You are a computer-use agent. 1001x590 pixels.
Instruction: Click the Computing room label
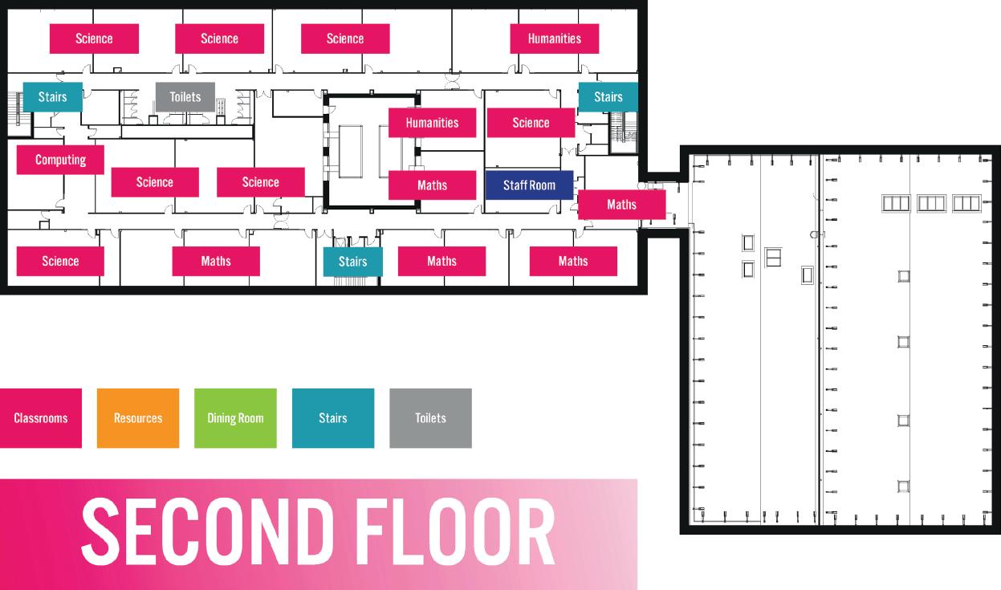pos(60,160)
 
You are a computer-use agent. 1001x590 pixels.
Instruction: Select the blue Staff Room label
pos(529,185)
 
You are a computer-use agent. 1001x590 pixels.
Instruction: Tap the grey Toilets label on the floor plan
pos(185,97)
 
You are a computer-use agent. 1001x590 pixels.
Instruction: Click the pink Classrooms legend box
pos(40,418)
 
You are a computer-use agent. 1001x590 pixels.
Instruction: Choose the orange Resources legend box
pos(138,418)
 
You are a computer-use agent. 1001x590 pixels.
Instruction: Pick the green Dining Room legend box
pos(235,418)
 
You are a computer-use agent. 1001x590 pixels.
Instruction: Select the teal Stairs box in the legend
pos(333,418)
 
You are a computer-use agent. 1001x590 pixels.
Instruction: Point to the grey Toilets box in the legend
pos(430,418)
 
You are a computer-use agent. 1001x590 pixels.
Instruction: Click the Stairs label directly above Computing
pos(52,97)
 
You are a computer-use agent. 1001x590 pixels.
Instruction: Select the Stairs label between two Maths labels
pos(352,262)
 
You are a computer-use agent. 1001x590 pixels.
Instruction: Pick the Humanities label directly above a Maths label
pos(432,123)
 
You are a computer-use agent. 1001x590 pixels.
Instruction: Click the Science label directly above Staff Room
pos(531,123)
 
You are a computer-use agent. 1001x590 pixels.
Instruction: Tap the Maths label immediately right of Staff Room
pos(621,205)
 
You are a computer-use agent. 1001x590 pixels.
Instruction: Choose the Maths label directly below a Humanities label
pos(432,185)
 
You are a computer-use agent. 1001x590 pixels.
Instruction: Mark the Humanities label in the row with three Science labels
pos(554,39)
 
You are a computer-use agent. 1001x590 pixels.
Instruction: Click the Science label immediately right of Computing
pos(155,182)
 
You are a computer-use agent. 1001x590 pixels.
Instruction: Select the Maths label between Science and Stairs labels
pos(216,261)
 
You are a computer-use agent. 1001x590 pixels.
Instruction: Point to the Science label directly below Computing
pos(60,261)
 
